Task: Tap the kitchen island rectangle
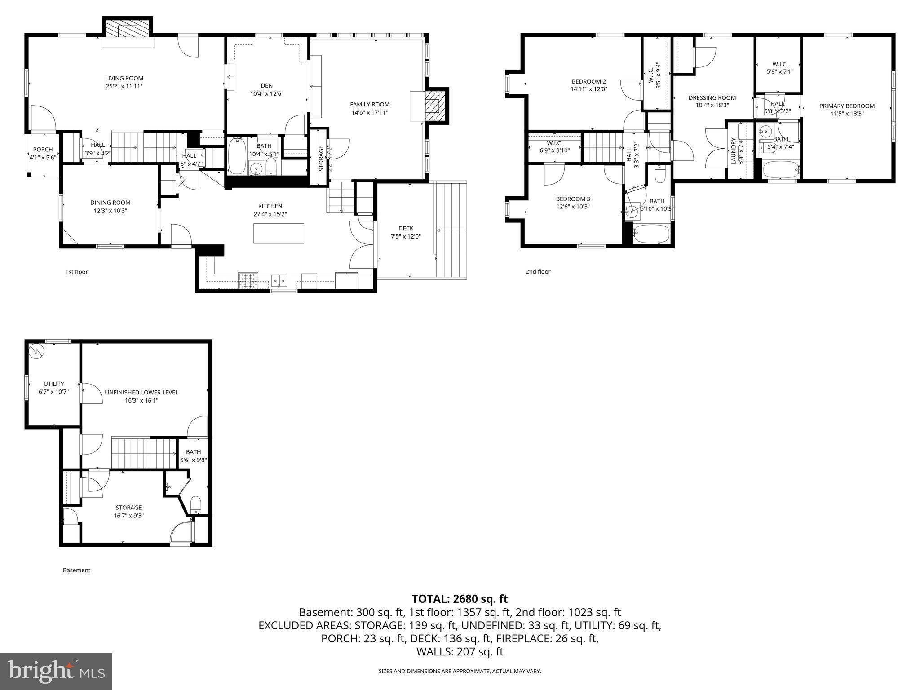[279, 233]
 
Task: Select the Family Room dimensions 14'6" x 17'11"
[370, 113]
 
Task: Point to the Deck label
[405, 228]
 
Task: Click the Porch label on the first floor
[43, 150]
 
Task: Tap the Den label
[266, 86]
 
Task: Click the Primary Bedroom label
[846, 106]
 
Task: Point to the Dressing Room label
[712, 97]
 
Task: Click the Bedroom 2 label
[588, 81]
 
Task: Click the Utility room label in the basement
[53, 384]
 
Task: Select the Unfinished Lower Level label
[142, 392]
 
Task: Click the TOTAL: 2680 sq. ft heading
[460, 599]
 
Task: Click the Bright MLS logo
[56, 671]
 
